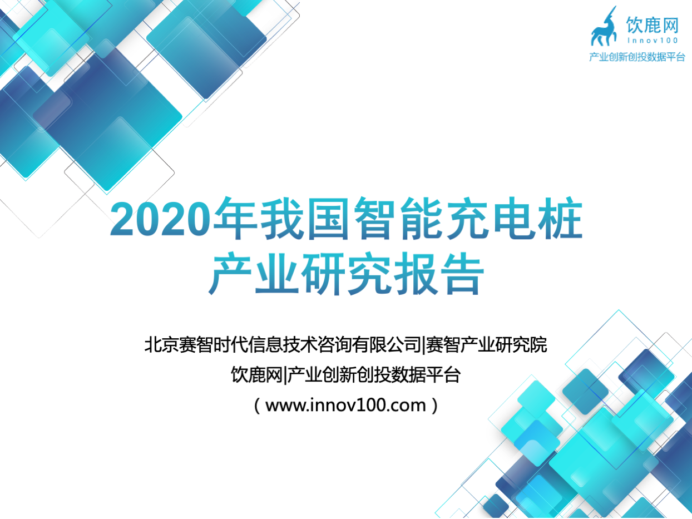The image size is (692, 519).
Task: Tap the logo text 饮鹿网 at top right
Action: tap(653, 25)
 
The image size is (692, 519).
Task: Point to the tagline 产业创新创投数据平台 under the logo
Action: tap(637, 57)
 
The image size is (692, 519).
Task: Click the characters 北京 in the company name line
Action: tap(162, 344)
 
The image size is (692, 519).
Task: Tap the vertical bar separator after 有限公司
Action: tap(424, 345)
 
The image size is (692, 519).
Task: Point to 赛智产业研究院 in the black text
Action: tap(486, 344)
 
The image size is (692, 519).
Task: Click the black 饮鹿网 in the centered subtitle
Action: tap(256, 375)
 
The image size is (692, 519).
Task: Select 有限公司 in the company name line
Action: tap(387, 344)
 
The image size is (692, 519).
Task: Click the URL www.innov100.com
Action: tap(345, 405)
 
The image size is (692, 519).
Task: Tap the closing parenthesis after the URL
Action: tap(435, 406)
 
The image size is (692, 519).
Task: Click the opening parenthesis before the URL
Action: tap(257, 406)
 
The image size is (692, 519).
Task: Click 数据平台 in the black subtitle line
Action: tap(426, 375)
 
